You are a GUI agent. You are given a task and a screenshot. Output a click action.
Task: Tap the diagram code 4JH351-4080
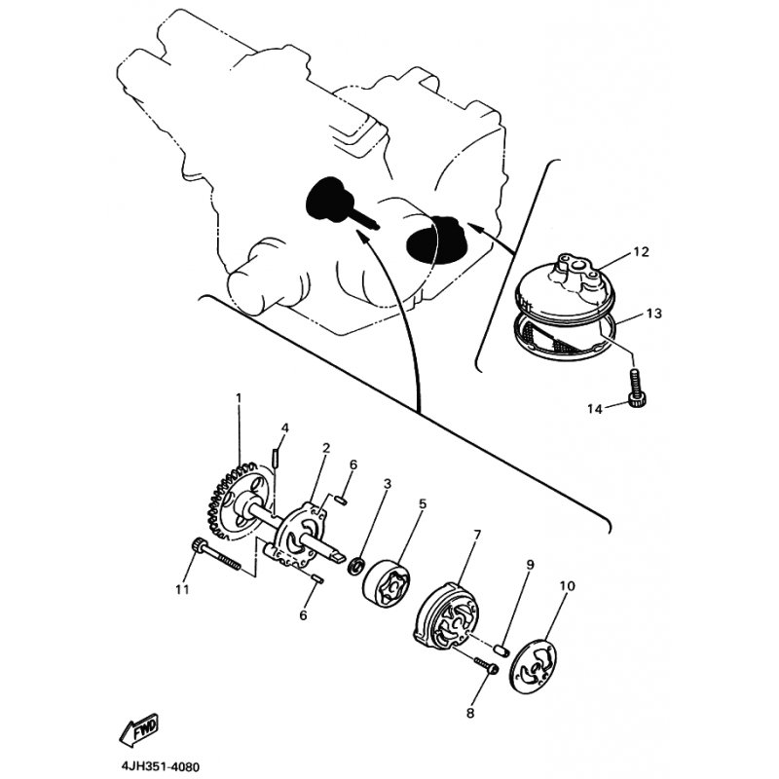pyautogui.click(x=160, y=766)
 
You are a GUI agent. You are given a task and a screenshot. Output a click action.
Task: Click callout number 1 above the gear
pyautogui.click(x=239, y=397)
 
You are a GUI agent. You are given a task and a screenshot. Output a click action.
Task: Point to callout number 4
pyautogui.click(x=285, y=427)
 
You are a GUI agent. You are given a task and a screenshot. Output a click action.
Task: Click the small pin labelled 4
pyautogui.click(x=275, y=457)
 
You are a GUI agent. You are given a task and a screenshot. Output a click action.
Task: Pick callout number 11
pyautogui.click(x=182, y=590)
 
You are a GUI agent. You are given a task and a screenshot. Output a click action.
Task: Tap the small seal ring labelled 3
pyautogui.click(x=356, y=566)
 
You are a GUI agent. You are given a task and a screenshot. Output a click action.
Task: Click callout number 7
pyautogui.click(x=477, y=535)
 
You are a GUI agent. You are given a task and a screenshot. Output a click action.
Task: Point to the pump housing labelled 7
pyautogui.click(x=446, y=619)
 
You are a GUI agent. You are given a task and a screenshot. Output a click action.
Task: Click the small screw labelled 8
pyautogui.click(x=487, y=666)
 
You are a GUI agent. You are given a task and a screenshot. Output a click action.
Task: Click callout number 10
pyautogui.click(x=567, y=586)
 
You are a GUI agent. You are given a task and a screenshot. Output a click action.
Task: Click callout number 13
pyautogui.click(x=654, y=314)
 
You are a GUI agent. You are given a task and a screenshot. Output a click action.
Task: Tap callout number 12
pyautogui.click(x=642, y=252)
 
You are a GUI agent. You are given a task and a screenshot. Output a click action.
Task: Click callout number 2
pyautogui.click(x=326, y=448)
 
